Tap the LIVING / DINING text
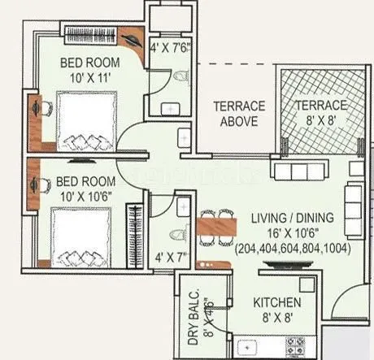(281, 215)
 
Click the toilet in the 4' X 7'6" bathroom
(180, 78)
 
